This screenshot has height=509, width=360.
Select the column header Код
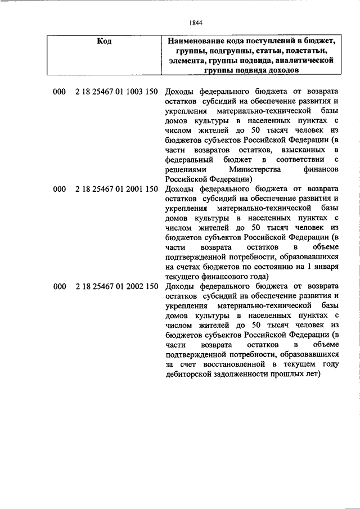(x=103, y=42)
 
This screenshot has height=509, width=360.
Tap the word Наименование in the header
(x=199, y=42)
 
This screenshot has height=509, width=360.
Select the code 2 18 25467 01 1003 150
(x=116, y=92)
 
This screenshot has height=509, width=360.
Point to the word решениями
(x=184, y=169)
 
